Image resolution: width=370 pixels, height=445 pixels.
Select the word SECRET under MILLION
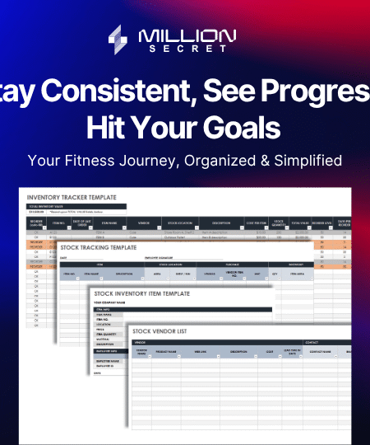[x=187, y=49]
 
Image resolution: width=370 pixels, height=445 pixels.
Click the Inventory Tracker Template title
[x=72, y=198]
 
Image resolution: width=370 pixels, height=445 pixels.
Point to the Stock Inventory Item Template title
[x=143, y=293]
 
